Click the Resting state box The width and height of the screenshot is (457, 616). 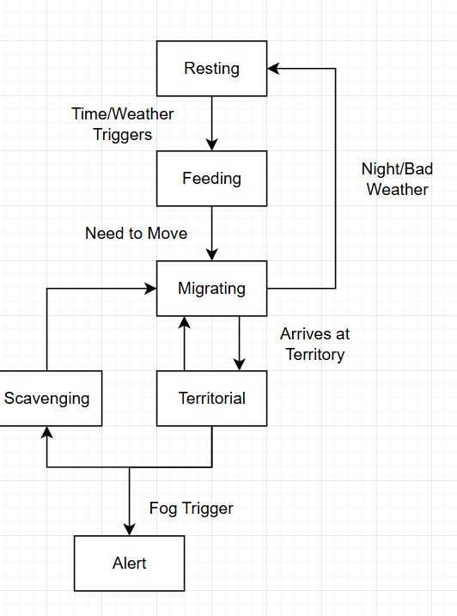coord(211,68)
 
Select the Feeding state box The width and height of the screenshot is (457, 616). coord(211,178)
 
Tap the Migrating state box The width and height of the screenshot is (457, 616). coord(211,288)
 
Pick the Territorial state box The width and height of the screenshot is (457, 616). coord(211,398)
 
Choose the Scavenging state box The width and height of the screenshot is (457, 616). coord(46,398)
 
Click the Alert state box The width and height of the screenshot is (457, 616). coord(129,563)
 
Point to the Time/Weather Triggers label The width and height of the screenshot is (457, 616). coord(122,124)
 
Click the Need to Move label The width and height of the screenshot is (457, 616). coord(136,233)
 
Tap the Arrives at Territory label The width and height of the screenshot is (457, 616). coord(314,344)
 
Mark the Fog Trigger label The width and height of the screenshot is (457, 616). coord(191,508)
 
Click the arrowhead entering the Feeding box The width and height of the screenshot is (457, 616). coord(211,145)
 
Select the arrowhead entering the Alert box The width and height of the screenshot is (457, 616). coord(129,530)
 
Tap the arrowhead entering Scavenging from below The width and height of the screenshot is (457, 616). coord(46,432)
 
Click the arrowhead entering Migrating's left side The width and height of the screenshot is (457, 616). coord(150,289)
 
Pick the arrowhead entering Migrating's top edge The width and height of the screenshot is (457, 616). coord(211,255)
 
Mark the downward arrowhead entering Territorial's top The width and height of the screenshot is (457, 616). coord(239,365)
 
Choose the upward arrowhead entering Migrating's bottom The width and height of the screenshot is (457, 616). coord(184,321)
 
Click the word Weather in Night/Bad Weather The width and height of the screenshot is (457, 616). coord(397,189)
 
